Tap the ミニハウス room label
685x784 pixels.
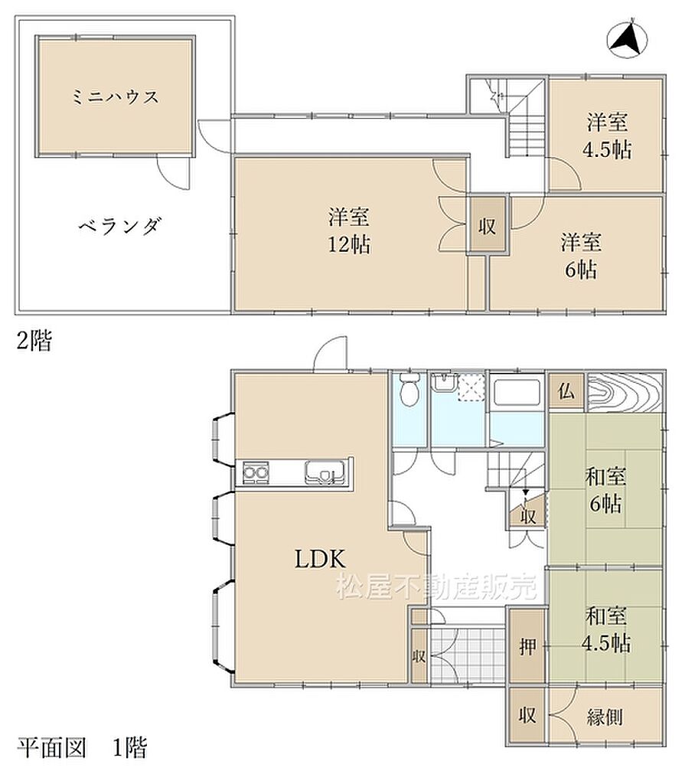116,96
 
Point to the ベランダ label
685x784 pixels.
119,226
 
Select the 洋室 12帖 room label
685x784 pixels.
349,230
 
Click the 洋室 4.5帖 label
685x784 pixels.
607,136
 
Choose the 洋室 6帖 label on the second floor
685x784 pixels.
581,256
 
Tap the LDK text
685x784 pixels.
320,558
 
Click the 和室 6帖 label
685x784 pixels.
605,490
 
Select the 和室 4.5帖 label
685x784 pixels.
606,629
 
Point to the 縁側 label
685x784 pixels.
605,717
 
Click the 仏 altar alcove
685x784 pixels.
566,391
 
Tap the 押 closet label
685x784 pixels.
527,647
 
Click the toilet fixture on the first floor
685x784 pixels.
409,390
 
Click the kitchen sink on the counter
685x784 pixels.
325,472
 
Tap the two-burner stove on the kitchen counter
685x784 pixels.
256,472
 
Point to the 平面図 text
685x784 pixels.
51,747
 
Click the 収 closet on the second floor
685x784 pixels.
487,226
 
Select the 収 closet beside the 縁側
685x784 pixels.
527,715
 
